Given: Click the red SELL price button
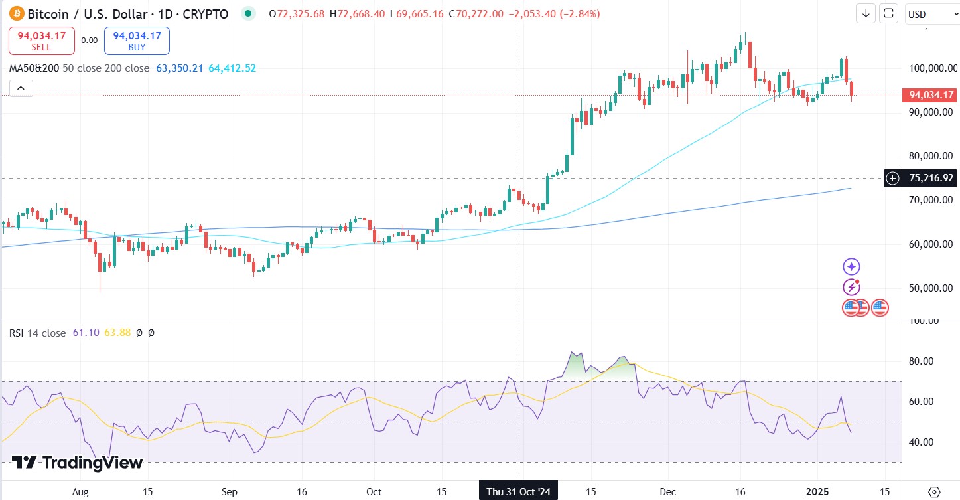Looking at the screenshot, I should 42,41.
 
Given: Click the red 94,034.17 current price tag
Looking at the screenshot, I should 930,95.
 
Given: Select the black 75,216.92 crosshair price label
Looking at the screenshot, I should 930,178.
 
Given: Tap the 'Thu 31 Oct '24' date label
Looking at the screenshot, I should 518,492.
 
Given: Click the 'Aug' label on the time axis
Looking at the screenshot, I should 80,492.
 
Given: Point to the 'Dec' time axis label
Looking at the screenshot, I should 668,492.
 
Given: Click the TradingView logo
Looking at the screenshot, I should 77,463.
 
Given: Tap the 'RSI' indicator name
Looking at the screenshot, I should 17,333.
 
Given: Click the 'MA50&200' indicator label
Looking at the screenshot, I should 33,68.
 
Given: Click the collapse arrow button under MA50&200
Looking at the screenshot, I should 21,88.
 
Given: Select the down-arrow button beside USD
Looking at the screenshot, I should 866,13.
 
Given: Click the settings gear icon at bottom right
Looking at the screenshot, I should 934,492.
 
